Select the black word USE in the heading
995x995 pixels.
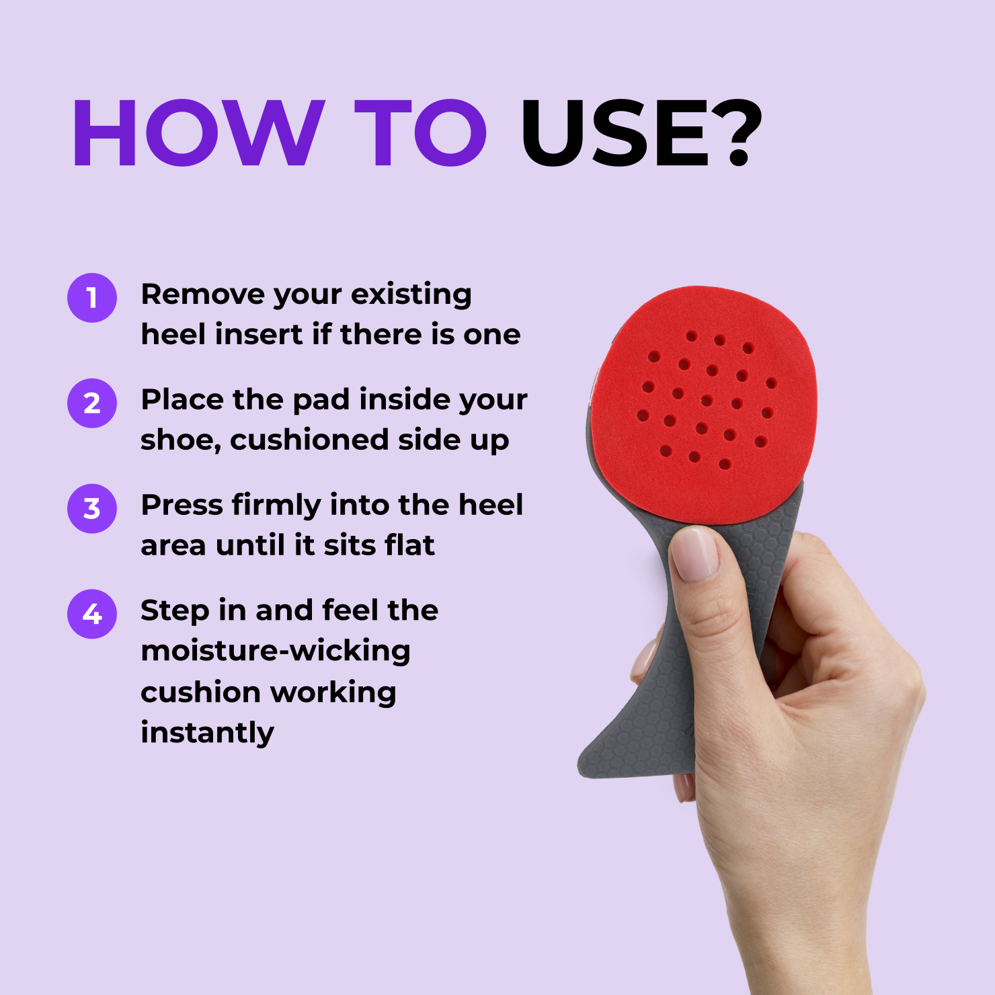tap(616, 132)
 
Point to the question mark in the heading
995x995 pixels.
tap(738, 132)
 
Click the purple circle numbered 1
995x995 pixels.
tap(92, 298)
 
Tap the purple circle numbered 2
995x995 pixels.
tap(92, 403)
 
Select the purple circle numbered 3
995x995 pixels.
tap(92, 509)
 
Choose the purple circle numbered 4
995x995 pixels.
tap(92, 614)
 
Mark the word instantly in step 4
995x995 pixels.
tap(208, 733)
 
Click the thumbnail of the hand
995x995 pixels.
tap(695, 553)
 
